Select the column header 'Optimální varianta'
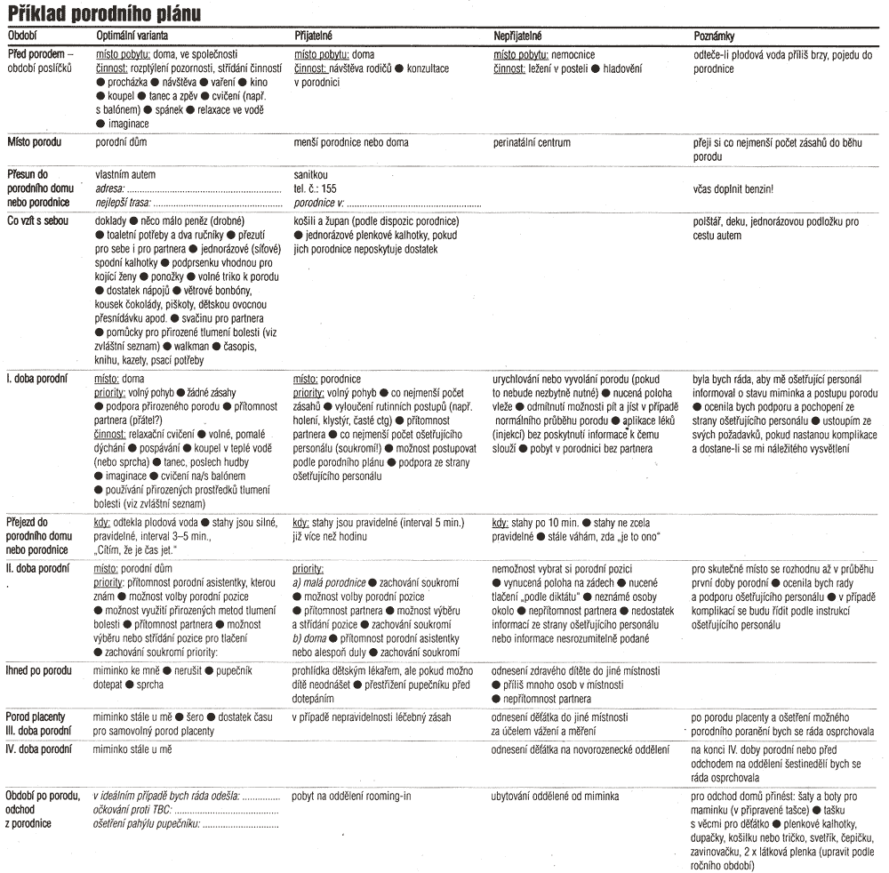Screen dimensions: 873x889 tap(135, 36)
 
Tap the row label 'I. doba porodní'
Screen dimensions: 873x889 tap(37, 379)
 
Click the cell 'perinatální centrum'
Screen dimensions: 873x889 tap(532, 142)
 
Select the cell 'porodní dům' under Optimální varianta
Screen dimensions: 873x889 tap(121, 142)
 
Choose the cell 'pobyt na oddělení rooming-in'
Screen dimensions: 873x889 tap(352, 796)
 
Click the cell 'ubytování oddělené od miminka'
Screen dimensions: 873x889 tap(555, 796)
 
